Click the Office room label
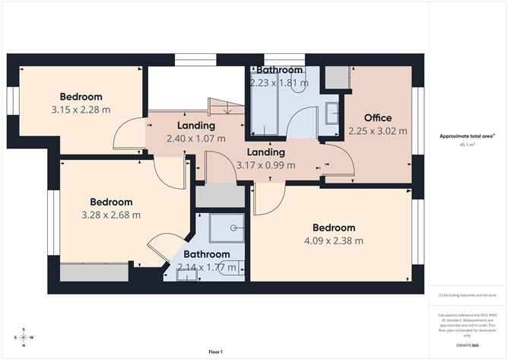(x=377, y=118)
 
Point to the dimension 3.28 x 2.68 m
(x=110, y=215)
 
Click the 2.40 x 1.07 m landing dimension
(x=195, y=139)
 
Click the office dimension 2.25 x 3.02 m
(x=377, y=131)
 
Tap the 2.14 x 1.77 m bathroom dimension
(x=206, y=266)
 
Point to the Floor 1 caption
(x=215, y=352)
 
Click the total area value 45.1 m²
(x=467, y=144)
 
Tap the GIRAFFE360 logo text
(x=467, y=346)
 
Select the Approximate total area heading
(x=467, y=135)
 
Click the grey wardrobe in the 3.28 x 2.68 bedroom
(x=83, y=272)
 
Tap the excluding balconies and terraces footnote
(x=467, y=295)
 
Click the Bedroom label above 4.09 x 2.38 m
(x=333, y=228)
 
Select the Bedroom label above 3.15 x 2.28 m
(x=81, y=97)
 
